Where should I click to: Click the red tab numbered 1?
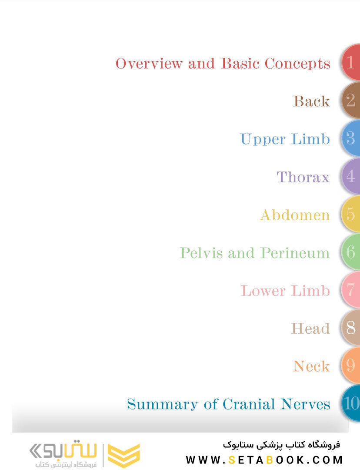[x=351, y=62]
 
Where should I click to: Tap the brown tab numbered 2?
[x=351, y=100]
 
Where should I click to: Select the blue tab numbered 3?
[x=351, y=138]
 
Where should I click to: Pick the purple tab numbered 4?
[x=351, y=176]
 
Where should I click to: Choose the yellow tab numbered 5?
[x=351, y=214]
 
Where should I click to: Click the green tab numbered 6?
[x=351, y=252]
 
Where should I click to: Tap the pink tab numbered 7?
[x=351, y=290]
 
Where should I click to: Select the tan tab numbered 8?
[x=351, y=328]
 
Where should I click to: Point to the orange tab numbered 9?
[x=351, y=366]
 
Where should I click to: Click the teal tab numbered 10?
[x=351, y=403]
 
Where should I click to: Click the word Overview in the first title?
[x=149, y=64]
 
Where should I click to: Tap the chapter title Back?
[x=311, y=101]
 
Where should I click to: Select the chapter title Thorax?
[x=303, y=177]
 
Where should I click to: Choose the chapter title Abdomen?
[x=295, y=215]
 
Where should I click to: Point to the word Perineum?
[x=295, y=253]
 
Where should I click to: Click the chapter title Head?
[x=310, y=329]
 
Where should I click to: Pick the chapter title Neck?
[x=311, y=366]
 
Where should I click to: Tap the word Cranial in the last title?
[x=249, y=404]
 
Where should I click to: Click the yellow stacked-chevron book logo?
[x=123, y=455]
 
